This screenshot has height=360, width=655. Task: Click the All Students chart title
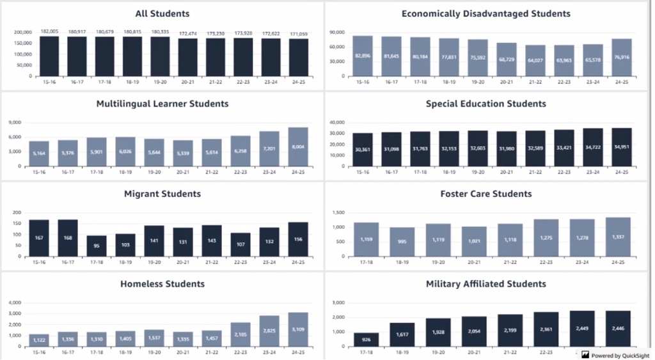(x=162, y=13)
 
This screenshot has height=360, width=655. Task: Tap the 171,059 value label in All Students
(x=298, y=31)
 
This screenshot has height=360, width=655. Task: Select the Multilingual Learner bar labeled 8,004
(x=298, y=146)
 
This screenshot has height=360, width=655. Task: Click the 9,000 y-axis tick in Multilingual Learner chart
(x=16, y=122)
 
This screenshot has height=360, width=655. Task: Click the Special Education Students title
(x=485, y=104)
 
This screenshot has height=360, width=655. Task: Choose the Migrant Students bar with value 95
(x=97, y=246)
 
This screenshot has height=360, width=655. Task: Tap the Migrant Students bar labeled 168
(x=68, y=238)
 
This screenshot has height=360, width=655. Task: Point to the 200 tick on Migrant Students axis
(x=18, y=212)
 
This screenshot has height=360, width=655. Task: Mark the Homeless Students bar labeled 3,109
(x=298, y=329)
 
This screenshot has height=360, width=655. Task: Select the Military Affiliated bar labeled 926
(x=367, y=340)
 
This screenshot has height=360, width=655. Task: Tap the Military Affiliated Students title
(x=485, y=284)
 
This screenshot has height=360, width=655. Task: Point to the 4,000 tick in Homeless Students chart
(x=15, y=302)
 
